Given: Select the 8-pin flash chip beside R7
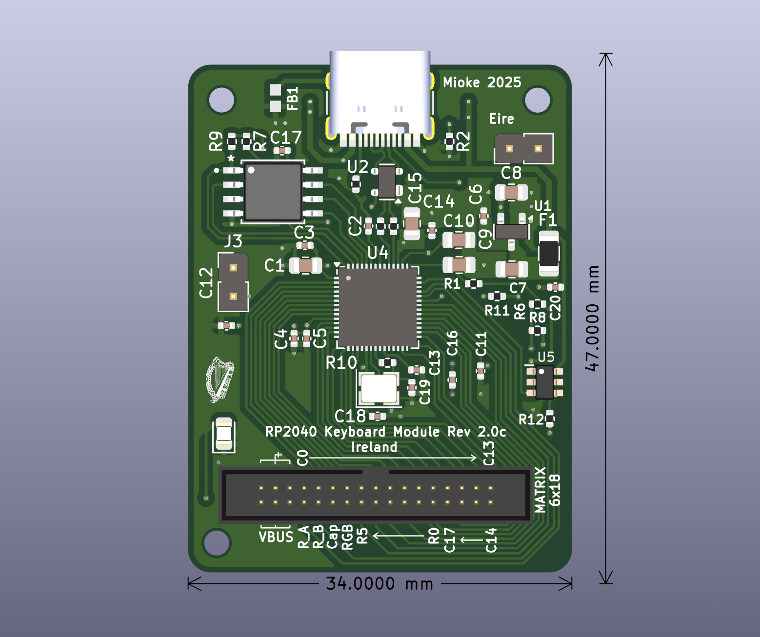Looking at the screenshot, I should click(x=273, y=191).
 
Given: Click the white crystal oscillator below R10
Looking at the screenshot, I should click(x=379, y=388).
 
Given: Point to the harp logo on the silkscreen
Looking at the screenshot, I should click(x=220, y=379).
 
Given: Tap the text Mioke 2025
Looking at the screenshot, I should click(x=482, y=82).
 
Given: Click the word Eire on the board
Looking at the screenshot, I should click(x=501, y=119).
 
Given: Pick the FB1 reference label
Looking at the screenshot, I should click(x=292, y=99).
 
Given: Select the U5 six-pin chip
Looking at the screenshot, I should click(x=544, y=382).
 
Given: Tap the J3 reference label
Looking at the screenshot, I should click(x=233, y=241).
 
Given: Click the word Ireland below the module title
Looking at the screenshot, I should click(x=374, y=447).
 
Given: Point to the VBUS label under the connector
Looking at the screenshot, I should click(x=276, y=537).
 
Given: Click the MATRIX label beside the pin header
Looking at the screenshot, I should click(x=540, y=490).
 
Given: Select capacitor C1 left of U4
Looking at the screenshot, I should click(x=305, y=266).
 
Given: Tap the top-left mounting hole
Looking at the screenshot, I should click(x=221, y=100).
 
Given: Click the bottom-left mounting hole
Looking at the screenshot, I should click(x=216, y=542).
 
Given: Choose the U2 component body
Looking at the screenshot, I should click(x=387, y=182).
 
